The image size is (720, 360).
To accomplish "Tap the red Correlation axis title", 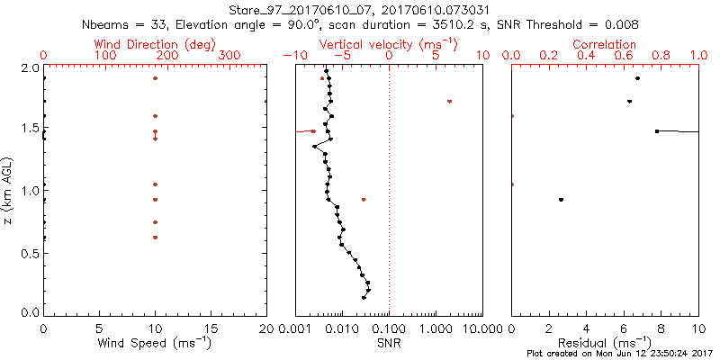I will [605, 44].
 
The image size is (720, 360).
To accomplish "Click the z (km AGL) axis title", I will [8, 190].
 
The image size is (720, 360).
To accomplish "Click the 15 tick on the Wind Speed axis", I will [211, 329].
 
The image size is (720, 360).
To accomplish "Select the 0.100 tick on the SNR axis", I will [389, 329].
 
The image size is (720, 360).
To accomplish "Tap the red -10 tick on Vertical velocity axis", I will [292, 56].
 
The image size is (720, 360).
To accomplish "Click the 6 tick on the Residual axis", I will [624, 329].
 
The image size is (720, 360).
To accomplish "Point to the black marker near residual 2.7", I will [561, 199].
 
